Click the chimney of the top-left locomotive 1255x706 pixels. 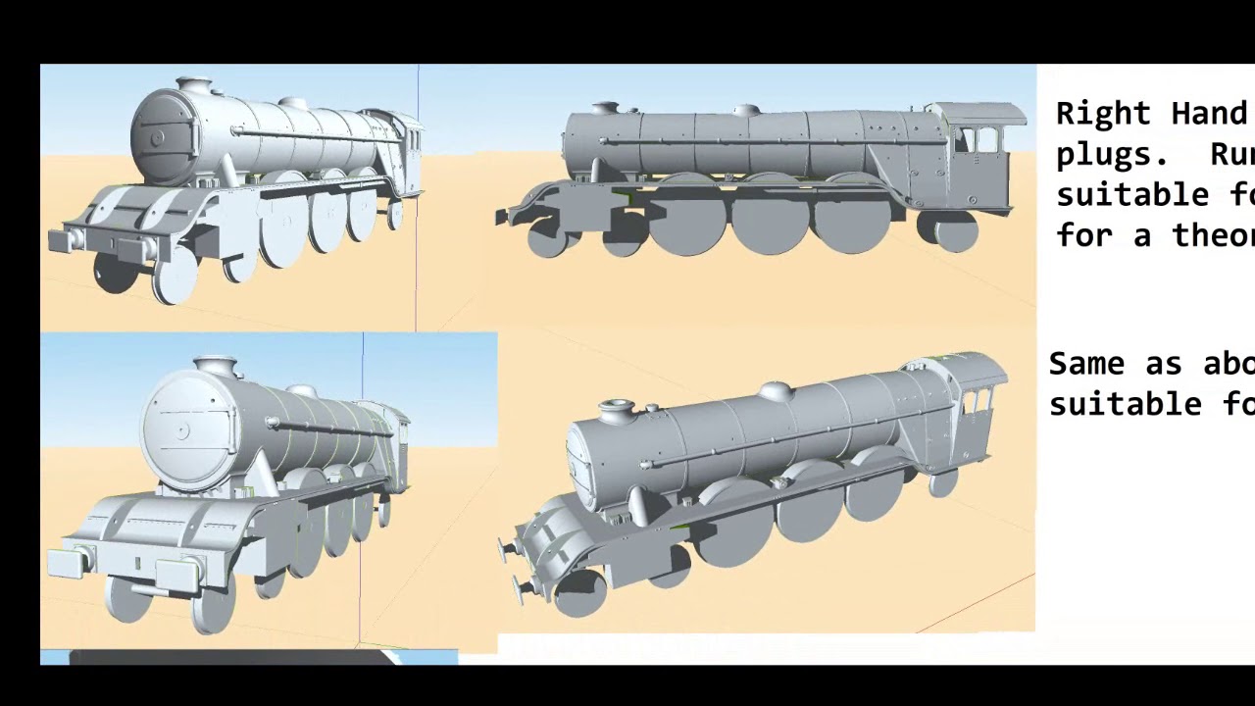[x=194, y=85]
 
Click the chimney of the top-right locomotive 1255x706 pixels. [x=606, y=106]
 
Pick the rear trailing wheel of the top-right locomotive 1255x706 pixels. [x=956, y=231]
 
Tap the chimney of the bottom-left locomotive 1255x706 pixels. [x=218, y=367]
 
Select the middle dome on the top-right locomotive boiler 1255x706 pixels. [x=745, y=110]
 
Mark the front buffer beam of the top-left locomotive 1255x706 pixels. [x=118, y=238]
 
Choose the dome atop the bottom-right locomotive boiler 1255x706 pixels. [x=777, y=391]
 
